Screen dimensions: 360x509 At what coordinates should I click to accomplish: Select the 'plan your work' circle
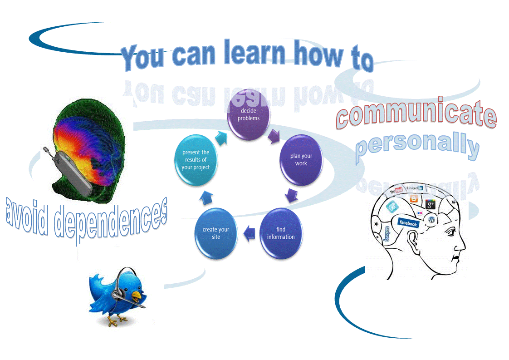tap(301, 159)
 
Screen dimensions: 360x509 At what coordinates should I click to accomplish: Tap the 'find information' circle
tap(281, 233)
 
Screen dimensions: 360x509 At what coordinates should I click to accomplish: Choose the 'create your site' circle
tap(216, 233)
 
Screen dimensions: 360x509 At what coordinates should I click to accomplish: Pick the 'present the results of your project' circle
tap(196, 160)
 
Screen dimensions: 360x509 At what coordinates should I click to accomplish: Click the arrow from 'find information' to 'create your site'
tap(249, 234)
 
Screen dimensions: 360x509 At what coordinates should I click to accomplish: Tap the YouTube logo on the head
tap(396, 191)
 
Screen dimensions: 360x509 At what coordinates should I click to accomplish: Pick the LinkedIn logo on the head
tap(414, 187)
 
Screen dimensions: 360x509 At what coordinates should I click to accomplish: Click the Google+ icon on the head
tap(430, 205)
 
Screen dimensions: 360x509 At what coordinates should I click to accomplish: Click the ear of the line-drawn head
tap(414, 240)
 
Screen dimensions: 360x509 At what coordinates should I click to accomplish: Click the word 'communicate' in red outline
tap(416, 115)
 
